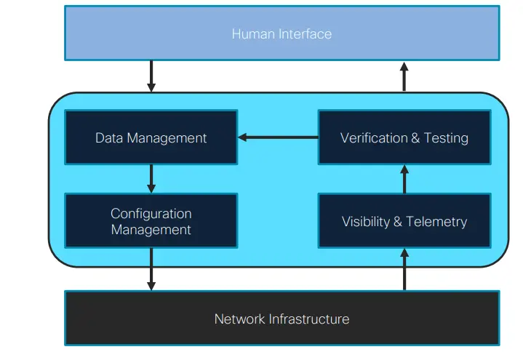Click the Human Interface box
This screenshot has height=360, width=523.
(x=282, y=33)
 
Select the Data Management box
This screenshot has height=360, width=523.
(x=151, y=137)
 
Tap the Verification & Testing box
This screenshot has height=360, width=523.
(x=404, y=137)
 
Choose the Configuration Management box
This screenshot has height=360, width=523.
(x=151, y=221)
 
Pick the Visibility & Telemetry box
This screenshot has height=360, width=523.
(x=404, y=221)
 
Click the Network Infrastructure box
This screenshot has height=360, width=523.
(x=282, y=319)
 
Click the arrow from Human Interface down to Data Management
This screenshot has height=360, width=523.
(x=151, y=76)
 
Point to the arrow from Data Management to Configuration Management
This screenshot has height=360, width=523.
(x=151, y=178)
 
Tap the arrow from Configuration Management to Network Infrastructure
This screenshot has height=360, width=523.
(x=151, y=269)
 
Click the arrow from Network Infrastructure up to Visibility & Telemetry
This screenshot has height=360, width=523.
(x=405, y=269)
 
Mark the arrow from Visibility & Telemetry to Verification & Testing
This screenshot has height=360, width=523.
(x=405, y=179)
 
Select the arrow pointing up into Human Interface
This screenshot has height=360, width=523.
(x=405, y=76)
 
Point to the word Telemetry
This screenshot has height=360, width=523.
(x=436, y=222)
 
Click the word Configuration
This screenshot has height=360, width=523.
(x=151, y=214)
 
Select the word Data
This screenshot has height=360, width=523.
(x=108, y=138)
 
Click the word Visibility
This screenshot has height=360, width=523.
(x=366, y=222)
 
